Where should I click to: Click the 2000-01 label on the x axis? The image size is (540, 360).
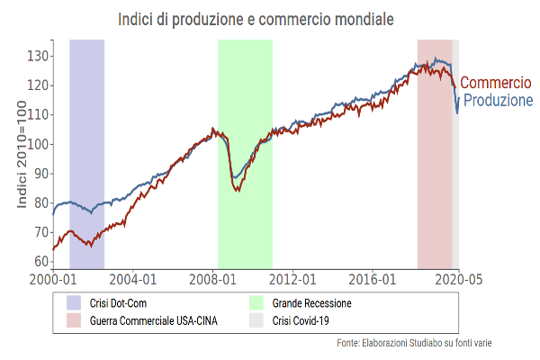(52, 279)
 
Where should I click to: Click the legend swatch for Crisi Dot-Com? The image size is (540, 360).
(74, 303)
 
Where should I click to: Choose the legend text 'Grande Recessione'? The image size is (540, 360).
(311, 303)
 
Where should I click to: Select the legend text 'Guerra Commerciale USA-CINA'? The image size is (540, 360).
(154, 319)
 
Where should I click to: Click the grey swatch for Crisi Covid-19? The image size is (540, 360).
(256, 319)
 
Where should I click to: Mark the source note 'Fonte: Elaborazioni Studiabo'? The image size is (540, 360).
(414, 343)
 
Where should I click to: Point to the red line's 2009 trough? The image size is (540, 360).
(238, 191)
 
